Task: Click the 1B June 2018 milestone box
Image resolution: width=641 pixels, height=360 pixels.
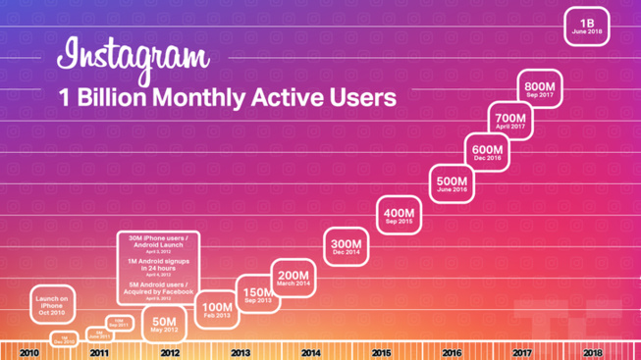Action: point(587,26)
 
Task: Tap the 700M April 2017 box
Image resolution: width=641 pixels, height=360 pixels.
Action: point(510,121)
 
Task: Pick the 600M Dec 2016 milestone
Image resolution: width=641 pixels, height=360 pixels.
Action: point(487,152)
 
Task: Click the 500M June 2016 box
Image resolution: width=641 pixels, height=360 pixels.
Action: point(453,184)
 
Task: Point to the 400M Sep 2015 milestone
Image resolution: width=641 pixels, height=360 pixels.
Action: point(399,216)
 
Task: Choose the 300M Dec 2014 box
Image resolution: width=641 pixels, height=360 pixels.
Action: point(345,247)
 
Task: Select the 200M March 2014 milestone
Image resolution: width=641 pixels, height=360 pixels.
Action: point(292,279)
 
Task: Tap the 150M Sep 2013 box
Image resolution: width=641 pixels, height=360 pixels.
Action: point(257,294)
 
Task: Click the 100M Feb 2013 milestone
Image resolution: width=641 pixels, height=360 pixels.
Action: point(217,310)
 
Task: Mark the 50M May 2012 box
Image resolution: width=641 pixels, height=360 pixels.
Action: point(165,324)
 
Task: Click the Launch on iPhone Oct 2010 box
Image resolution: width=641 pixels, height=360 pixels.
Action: point(51,302)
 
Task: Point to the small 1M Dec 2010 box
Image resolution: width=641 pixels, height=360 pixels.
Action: point(64,338)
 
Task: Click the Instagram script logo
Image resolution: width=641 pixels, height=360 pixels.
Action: point(134,59)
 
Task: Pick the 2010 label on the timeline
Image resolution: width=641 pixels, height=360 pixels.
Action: point(28,353)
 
